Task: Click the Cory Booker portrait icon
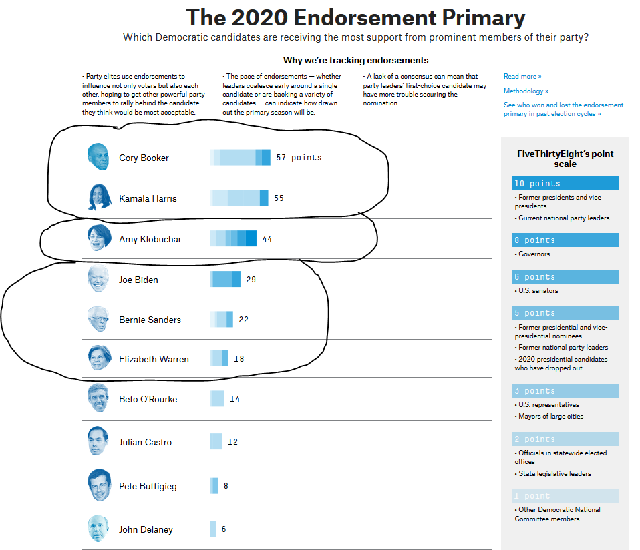coord(98,157)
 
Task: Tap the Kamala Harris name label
coord(148,198)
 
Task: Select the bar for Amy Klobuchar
coord(233,239)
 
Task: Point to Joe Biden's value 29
coord(251,280)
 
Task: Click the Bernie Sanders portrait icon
coord(98,319)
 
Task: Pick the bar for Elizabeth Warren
coord(219,358)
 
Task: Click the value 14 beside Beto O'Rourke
coord(234,399)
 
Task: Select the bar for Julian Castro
coord(216,441)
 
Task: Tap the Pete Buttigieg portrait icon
coord(98,485)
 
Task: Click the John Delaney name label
coord(146,529)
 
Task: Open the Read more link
coord(522,77)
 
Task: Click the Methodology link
coord(526,91)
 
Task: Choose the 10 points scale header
coord(565,184)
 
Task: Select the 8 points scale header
coord(565,240)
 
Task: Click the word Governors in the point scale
coord(534,254)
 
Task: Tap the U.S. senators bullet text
coord(538,291)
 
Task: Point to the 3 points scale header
coord(565,391)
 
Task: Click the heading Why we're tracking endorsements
coord(355,61)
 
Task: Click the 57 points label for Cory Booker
coord(299,158)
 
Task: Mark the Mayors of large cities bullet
coord(550,417)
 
